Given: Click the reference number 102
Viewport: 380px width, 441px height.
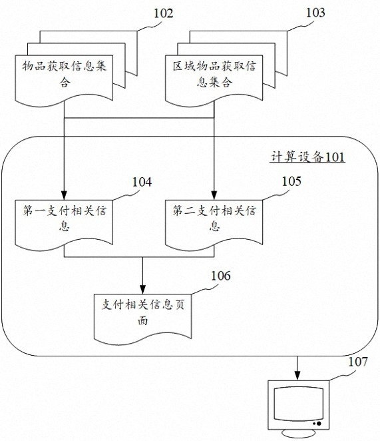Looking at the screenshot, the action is pos(163,13).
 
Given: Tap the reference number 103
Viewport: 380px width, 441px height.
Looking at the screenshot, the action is pos(315,13).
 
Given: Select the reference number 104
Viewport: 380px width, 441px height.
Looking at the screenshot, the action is pos(142,182).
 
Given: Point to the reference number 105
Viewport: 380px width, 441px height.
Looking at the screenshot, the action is pos(291,181).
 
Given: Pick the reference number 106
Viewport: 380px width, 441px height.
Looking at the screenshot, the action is pos(221,276).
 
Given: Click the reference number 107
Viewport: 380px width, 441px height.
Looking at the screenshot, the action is pos(358,362).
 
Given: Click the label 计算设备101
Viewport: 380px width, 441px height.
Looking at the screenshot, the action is pos(307,157).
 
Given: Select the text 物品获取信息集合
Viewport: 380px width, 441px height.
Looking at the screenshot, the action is pos(65,74).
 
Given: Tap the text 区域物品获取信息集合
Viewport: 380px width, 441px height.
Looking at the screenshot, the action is pos(214,74).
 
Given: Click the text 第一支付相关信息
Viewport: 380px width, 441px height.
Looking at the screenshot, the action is pos(65,218).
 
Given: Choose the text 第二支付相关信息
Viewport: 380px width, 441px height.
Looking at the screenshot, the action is pos(214,218).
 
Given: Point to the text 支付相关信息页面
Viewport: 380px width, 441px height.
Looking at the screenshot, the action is pos(143,312).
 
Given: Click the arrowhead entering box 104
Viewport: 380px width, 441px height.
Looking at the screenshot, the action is pos(64,196).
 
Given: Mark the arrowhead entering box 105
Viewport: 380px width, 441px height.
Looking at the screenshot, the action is pos(214,196).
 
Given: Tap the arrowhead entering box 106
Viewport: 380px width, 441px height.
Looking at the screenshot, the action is pos(143,290).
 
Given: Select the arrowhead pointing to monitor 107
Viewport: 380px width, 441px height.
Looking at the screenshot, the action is pos(297,376).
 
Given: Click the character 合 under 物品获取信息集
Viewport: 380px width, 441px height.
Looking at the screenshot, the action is pos(65,83).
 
